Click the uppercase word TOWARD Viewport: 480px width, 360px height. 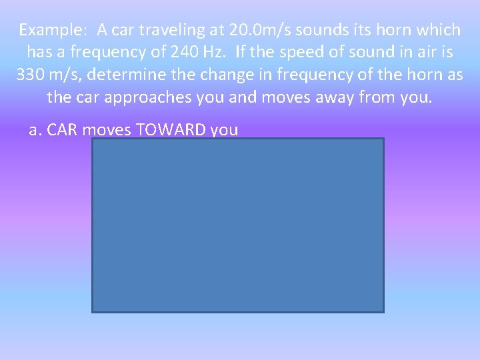tap(172, 129)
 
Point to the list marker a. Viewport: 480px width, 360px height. tap(35, 129)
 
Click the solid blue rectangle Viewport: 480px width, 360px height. tap(238, 225)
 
